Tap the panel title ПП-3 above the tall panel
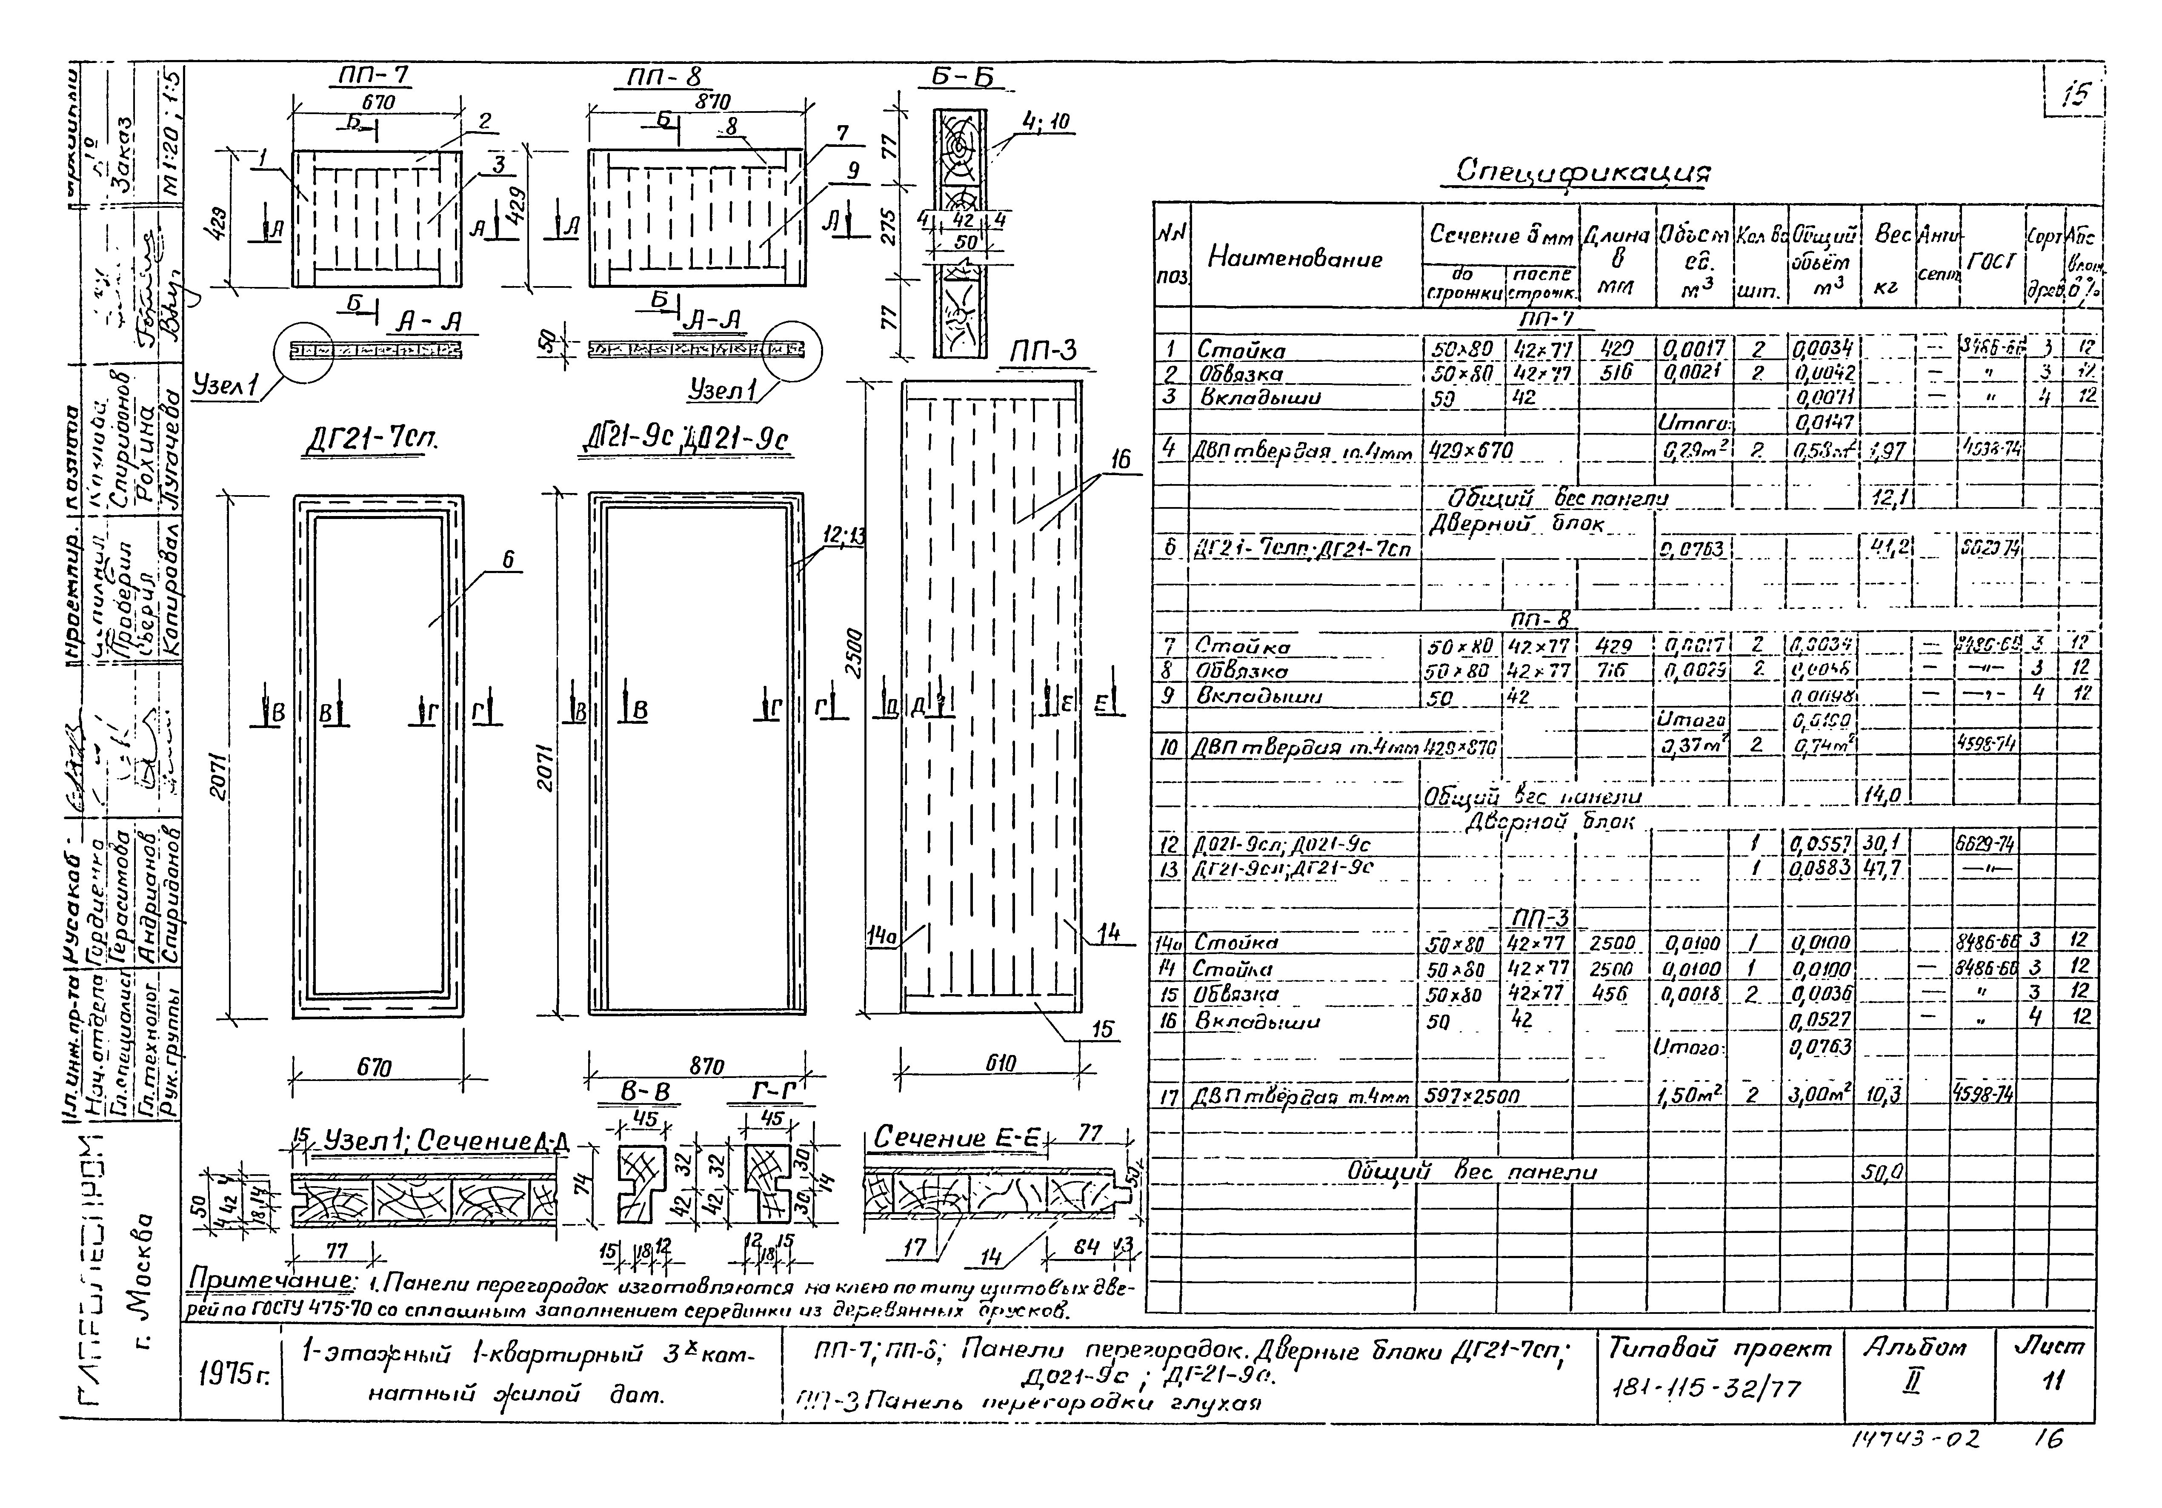click(1042, 352)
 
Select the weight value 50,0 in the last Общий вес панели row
click(1882, 1172)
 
